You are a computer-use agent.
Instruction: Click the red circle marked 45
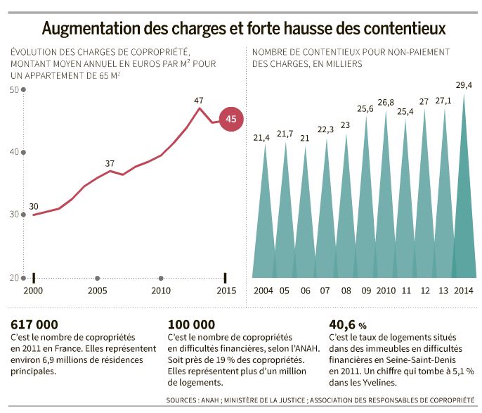[x=230, y=120]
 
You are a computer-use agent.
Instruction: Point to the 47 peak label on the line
[x=199, y=101]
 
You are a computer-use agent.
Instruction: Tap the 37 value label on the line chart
[x=110, y=164]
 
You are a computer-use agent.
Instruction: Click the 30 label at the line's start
[x=33, y=206]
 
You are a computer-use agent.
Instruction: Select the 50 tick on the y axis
[x=14, y=89]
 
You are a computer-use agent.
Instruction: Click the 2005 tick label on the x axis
[x=97, y=291]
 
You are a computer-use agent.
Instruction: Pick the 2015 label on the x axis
[x=226, y=291]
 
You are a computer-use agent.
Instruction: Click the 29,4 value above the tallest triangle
[x=464, y=85]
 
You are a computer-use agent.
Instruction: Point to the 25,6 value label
[x=365, y=109]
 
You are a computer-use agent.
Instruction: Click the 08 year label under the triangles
[x=346, y=291]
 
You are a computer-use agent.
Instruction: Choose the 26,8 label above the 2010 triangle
[x=386, y=103]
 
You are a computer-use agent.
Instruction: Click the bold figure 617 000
[x=34, y=324]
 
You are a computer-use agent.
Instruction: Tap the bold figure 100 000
[x=192, y=324]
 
